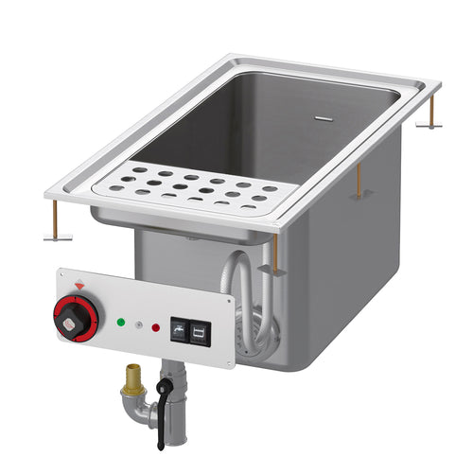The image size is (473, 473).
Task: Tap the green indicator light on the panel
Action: coord(119,322)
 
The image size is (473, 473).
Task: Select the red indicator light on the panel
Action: coord(155,327)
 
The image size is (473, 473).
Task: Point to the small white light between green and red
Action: coord(137,324)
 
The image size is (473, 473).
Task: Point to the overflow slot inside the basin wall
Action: coord(324,121)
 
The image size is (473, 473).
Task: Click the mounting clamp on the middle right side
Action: coord(359,182)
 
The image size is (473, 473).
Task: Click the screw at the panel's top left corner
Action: coord(65,273)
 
